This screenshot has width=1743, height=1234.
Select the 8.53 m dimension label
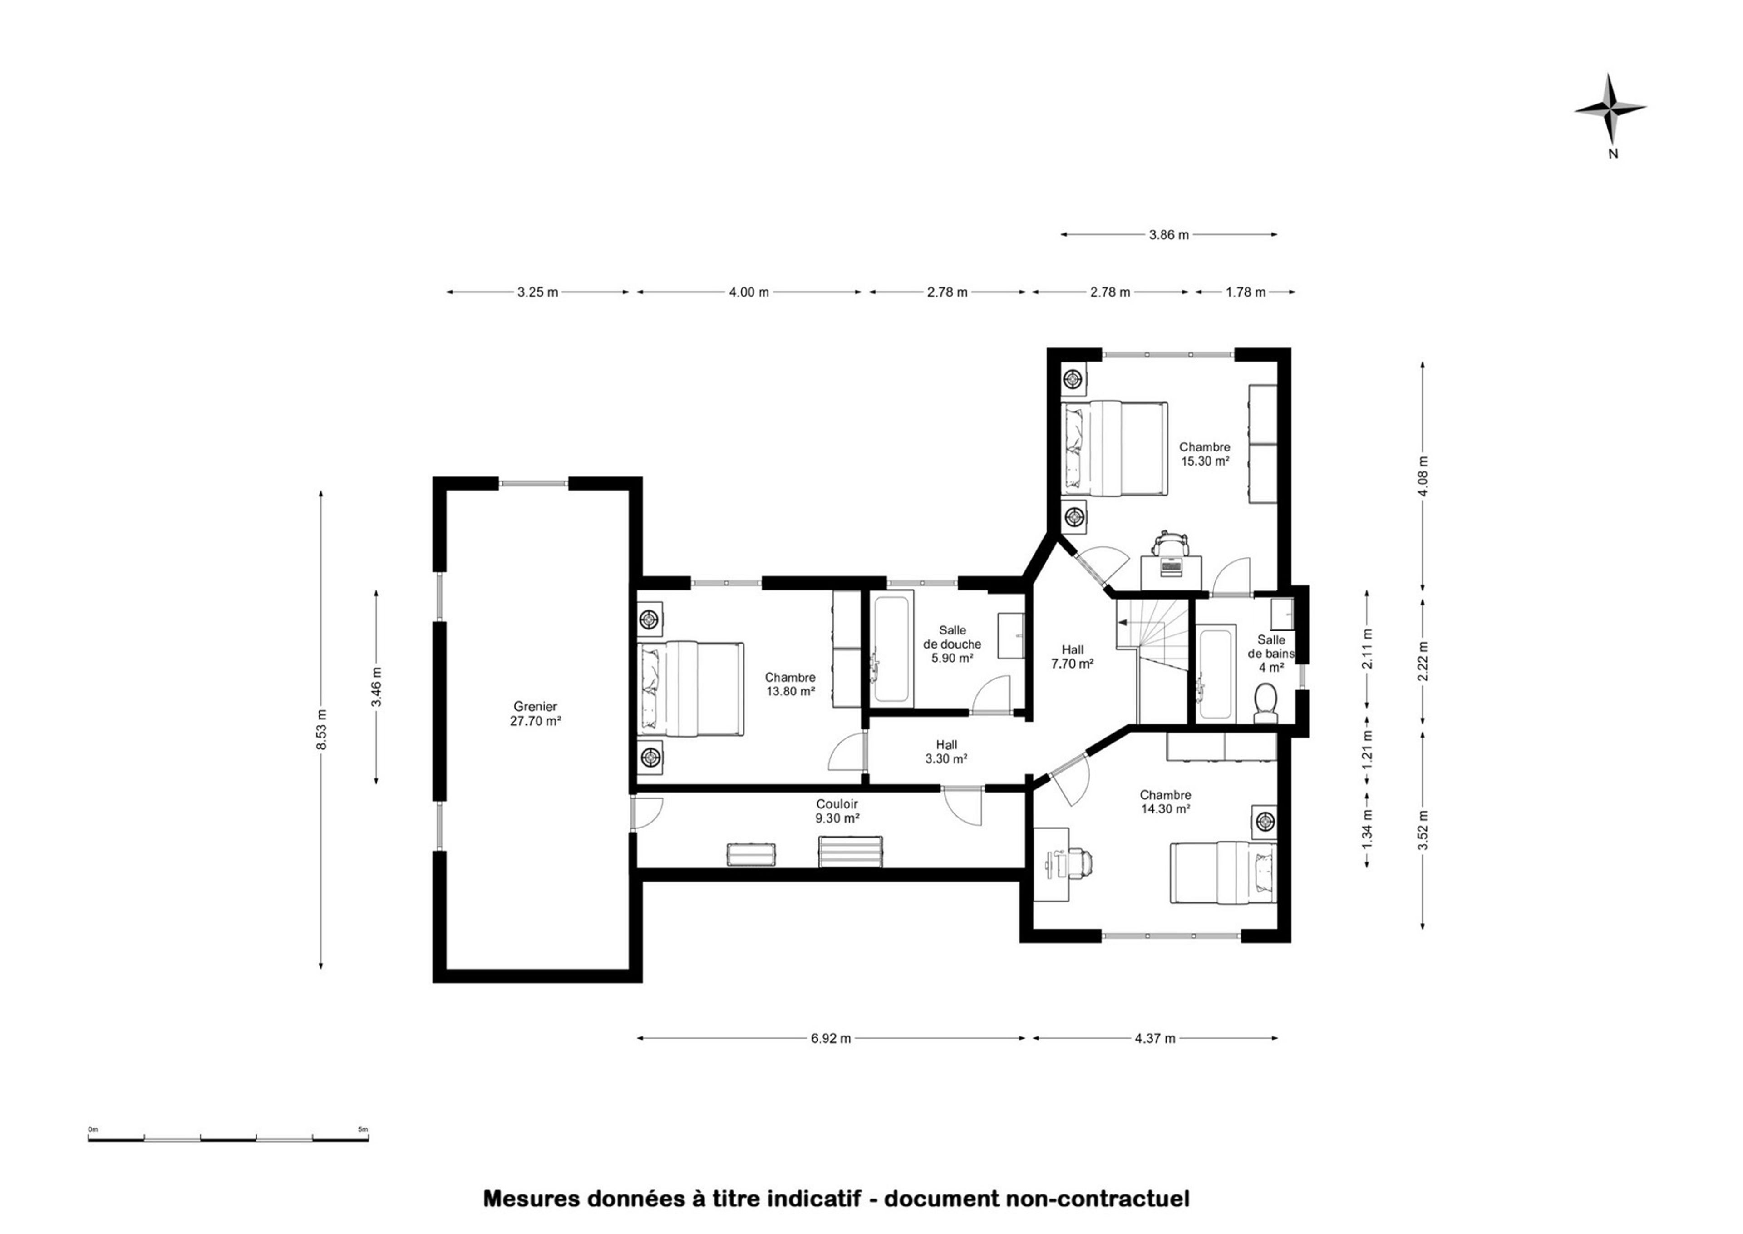coord(322,729)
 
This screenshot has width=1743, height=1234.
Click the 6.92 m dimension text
coord(831,1038)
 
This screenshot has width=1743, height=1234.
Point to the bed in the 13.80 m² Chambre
coord(689,689)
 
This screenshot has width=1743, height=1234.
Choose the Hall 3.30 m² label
coord(946,752)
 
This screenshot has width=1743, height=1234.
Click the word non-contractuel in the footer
coord(1098,1199)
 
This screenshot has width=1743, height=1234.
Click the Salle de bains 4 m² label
coord(1271,654)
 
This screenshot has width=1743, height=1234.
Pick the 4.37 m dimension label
coord(1155,1038)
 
